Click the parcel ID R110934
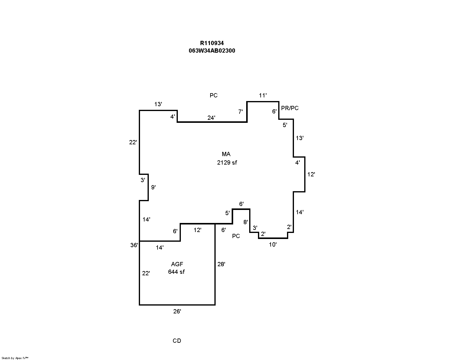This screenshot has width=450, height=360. pyautogui.click(x=212, y=43)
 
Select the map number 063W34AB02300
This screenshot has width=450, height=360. pyautogui.click(x=212, y=51)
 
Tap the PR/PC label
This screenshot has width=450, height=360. pyautogui.click(x=290, y=108)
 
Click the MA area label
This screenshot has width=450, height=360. pyautogui.click(x=226, y=154)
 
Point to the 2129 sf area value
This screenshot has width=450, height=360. pyautogui.click(x=227, y=162)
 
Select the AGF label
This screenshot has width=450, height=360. pyautogui.click(x=177, y=264)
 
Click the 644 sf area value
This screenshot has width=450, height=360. pyautogui.click(x=176, y=272)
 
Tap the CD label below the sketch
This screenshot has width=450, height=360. pyautogui.click(x=177, y=341)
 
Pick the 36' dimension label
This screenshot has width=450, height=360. pyautogui.click(x=134, y=245)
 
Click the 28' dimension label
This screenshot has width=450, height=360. pyautogui.click(x=221, y=264)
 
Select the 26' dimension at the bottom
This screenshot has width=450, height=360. pyautogui.click(x=177, y=311)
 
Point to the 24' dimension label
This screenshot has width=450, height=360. pyautogui.click(x=211, y=118)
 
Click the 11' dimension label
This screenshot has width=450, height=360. pyautogui.click(x=263, y=96)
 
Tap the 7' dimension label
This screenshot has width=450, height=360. pyautogui.click(x=240, y=112)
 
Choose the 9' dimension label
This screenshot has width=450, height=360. pyautogui.click(x=153, y=187)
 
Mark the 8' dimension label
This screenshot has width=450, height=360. pyautogui.click(x=246, y=222)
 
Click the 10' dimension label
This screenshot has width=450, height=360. pyautogui.click(x=273, y=244)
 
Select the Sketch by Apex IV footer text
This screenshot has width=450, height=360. pyautogui.click(x=15, y=358)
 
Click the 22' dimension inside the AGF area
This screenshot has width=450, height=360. pyautogui.click(x=146, y=273)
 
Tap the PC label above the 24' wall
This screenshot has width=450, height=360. pyautogui.click(x=214, y=95)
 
